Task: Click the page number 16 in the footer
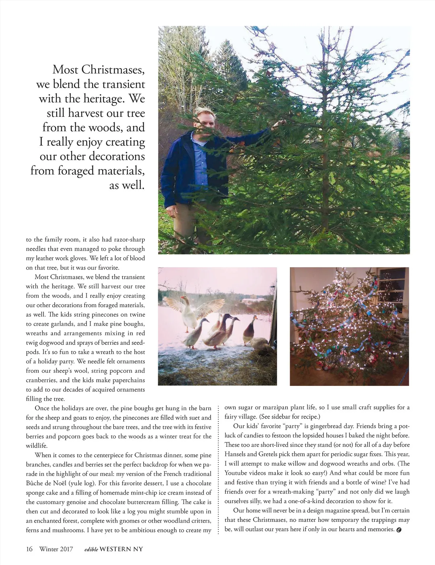(x=29, y=549)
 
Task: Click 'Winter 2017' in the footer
(x=56, y=549)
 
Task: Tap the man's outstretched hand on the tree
(x=277, y=124)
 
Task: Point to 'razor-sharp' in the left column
(x=129, y=239)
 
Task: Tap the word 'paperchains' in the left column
(x=125, y=380)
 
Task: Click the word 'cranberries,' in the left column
(x=41, y=380)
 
